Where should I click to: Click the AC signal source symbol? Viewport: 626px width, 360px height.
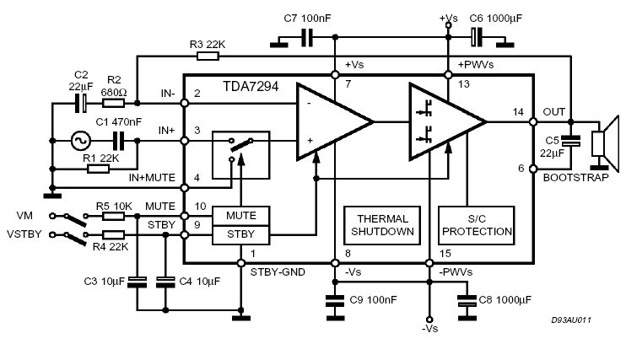pyautogui.click(x=82, y=141)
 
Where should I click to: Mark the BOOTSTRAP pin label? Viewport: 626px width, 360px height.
pyautogui.click(x=575, y=177)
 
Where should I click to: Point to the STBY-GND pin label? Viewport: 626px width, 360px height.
pyautogui.click(x=278, y=271)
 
